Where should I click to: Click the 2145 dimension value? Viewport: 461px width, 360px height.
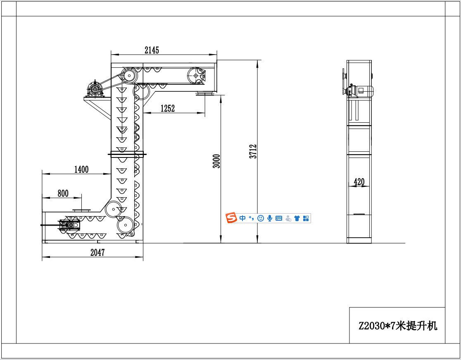[152, 50]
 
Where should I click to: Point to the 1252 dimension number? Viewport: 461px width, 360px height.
[168, 109]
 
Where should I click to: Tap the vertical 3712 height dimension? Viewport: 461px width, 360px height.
[253, 151]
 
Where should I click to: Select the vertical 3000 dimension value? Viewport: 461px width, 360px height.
[216, 161]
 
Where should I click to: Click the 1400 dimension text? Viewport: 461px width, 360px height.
[81, 169]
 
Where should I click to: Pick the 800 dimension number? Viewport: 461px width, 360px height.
[63, 193]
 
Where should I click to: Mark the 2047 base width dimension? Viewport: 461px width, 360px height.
[97, 253]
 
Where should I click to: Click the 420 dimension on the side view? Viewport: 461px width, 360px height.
[359, 182]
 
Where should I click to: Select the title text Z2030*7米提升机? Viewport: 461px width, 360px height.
[398, 326]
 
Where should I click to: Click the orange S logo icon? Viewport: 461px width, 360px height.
[231, 218]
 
